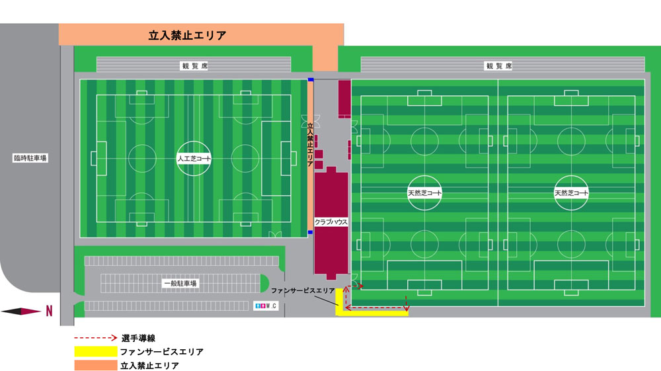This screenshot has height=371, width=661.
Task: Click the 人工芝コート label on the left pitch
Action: (194, 159)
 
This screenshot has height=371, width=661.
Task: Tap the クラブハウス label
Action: (331, 222)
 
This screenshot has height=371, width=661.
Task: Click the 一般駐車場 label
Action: (180, 283)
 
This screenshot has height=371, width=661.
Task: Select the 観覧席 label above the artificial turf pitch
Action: (193, 65)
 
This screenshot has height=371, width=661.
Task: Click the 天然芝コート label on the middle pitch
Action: (424, 193)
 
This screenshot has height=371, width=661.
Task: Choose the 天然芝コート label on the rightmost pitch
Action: (571, 193)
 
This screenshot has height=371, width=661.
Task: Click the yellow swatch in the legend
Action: (94, 351)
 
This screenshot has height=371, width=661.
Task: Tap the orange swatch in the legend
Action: (94, 365)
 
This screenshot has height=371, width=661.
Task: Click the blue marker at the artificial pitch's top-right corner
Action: (310, 79)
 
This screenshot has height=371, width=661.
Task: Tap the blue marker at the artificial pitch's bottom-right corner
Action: (310, 232)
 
